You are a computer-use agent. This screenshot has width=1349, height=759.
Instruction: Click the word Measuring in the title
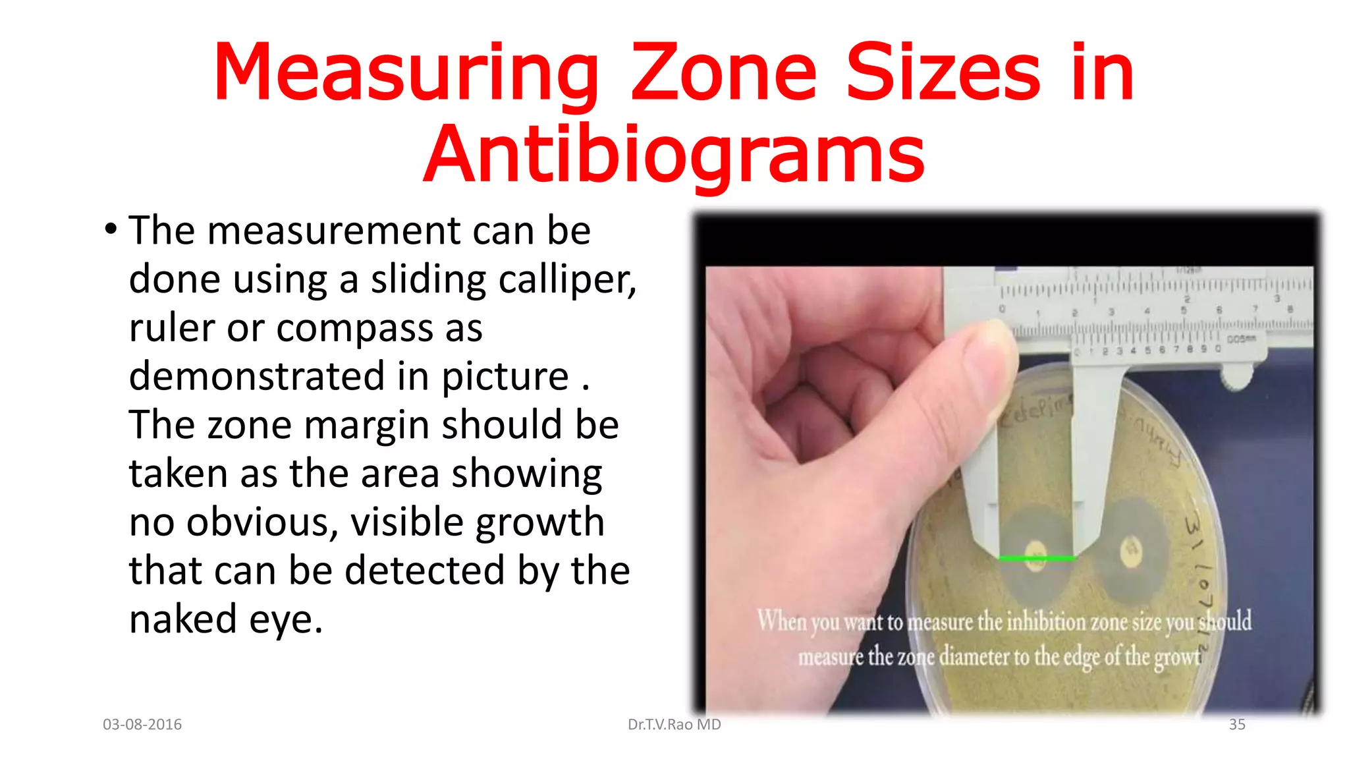pyautogui.click(x=406, y=74)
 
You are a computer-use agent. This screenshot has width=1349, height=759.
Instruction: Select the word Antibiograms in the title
pyautogui.click(x=674, y=155)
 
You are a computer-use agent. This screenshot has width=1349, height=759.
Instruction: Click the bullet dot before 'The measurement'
pyautogui.click(x=111, y=230)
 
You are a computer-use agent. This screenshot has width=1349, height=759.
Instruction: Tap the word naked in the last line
pyautogui.click(x=182, y=619)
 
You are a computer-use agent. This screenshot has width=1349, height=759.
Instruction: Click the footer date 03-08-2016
pyautogui.click(x=142, y=724)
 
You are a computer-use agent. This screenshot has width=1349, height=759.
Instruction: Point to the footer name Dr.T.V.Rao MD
pyautogui.click(x=674, y=724)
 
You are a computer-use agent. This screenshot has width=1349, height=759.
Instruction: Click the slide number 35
pyautogui.click(x=1236, y=724)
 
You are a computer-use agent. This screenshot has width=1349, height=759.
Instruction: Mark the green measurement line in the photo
pyautogui.click(x=1036, y=559)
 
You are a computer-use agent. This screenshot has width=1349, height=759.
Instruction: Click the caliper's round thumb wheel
pyautogui.click(x=1236, y=378)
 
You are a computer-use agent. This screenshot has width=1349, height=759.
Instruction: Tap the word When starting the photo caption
pyautogui.click(x=782, y=621)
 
